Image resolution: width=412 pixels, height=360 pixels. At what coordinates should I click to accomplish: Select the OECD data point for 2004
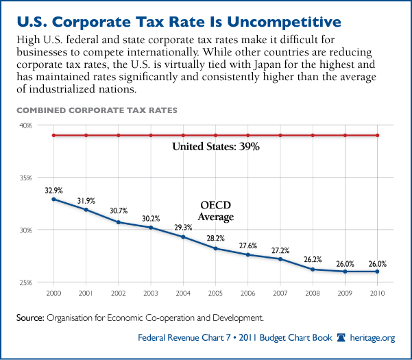pyautogui.click(x=183, y=237)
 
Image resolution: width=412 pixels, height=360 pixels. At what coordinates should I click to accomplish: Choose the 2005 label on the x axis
pyautogui.click(x=215, y=293)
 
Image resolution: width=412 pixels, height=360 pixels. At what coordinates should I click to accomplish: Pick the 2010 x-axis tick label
pyautogui.click(x=378, y=293)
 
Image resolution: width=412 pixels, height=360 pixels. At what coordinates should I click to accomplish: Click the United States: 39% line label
pyautogui.click(x=215, y=146)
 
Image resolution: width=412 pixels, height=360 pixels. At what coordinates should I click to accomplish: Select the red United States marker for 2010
pyautogui.click(x=378, y=135)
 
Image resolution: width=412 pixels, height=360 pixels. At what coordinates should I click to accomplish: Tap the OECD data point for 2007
pyautogui.click(x=280, y=259)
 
